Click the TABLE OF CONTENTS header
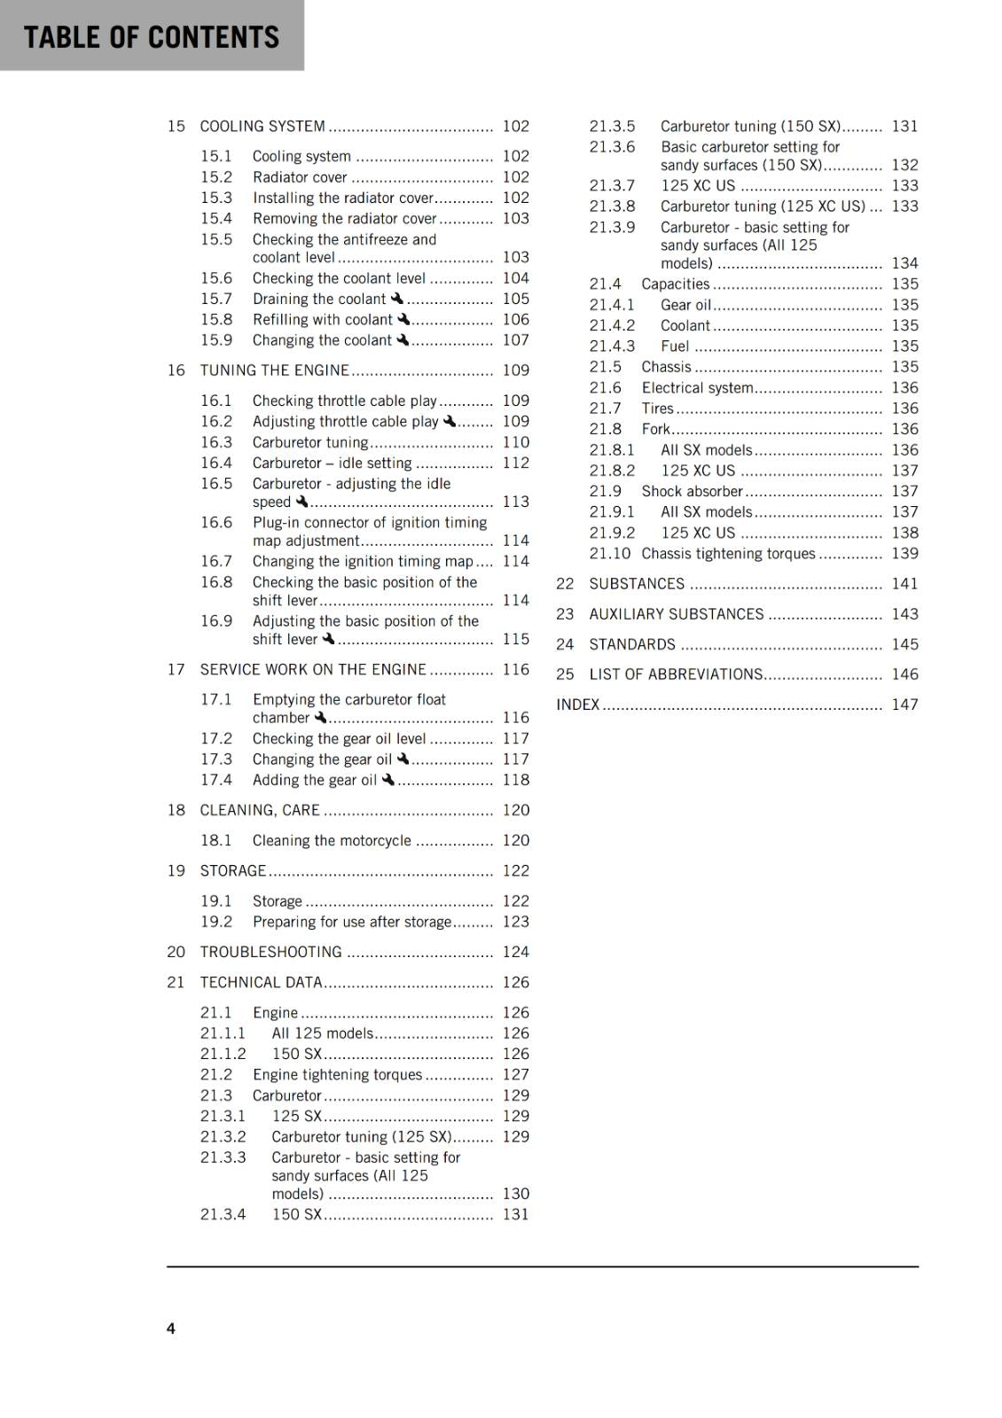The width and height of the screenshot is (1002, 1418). pos(151,37)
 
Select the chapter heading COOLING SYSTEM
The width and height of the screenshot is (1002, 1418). pos(262,126)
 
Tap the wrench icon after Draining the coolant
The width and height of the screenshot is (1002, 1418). pos(396,299)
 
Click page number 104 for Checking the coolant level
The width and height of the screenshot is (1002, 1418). pos(515,278)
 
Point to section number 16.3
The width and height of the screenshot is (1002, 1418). pos(216,442)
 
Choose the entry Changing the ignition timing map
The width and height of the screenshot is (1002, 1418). pos(363,561)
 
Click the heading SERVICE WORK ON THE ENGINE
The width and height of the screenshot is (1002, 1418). pos(313,669)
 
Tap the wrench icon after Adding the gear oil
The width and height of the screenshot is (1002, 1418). pos(387,780)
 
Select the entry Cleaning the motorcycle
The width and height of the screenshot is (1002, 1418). pos(332,840)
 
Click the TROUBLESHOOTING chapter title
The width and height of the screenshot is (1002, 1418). pos(270,952)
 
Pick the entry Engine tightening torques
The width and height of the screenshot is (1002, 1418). pos(337,1074)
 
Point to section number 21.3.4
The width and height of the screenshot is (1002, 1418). pos(223,1214)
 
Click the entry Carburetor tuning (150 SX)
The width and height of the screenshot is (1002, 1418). pos(750,126)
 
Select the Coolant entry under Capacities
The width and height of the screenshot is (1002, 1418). pos(685,325)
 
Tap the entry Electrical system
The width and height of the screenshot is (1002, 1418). pos(697,387)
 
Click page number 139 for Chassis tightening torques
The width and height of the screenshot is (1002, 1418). pos(904,553)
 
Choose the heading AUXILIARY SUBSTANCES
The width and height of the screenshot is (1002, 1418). pos(676,614)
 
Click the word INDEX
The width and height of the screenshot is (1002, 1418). pos(578,705)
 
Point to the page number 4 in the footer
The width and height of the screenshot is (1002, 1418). pos(171,1328)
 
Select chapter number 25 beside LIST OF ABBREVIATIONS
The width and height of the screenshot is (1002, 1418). pos(565,674)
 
